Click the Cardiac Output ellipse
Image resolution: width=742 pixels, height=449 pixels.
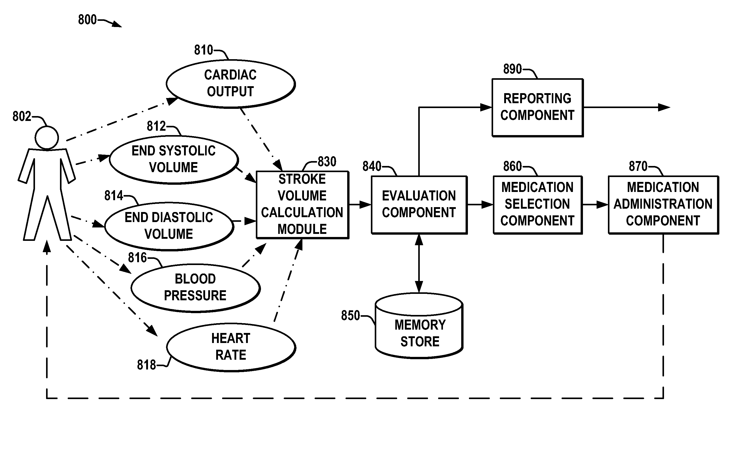click(x=230, y=83)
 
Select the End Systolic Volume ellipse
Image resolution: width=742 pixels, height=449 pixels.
click(x=174, y=159)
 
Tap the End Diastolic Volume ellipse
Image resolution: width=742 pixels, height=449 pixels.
click(x=169, y=226)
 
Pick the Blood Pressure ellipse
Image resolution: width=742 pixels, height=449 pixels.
click(x=195, y=288)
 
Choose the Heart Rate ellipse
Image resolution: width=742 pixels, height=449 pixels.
click(x=231, y=347)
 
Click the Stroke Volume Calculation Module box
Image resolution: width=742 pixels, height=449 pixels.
click(x=302, y=205)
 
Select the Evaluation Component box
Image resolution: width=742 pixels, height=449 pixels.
click(x=419, y=205)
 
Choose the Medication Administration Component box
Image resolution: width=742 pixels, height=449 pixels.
click(x=663, y=205)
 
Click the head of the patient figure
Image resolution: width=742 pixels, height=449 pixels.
click(x=47, y=138)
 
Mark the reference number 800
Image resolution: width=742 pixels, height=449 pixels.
click(x=87, y=20)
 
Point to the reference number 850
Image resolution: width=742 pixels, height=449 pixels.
click(x=350, y=316)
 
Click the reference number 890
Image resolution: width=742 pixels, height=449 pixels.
click(x=512, y=69)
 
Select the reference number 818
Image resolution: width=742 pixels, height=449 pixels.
click(x=146, y=365)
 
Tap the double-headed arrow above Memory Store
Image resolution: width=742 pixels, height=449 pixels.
click(x=419, y=263)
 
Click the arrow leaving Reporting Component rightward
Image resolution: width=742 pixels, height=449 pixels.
click(x=626, y=107)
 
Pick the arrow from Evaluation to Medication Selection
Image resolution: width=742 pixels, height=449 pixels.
click(x=480, y=205)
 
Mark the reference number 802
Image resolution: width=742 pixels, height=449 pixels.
click(x=22, y=117)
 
